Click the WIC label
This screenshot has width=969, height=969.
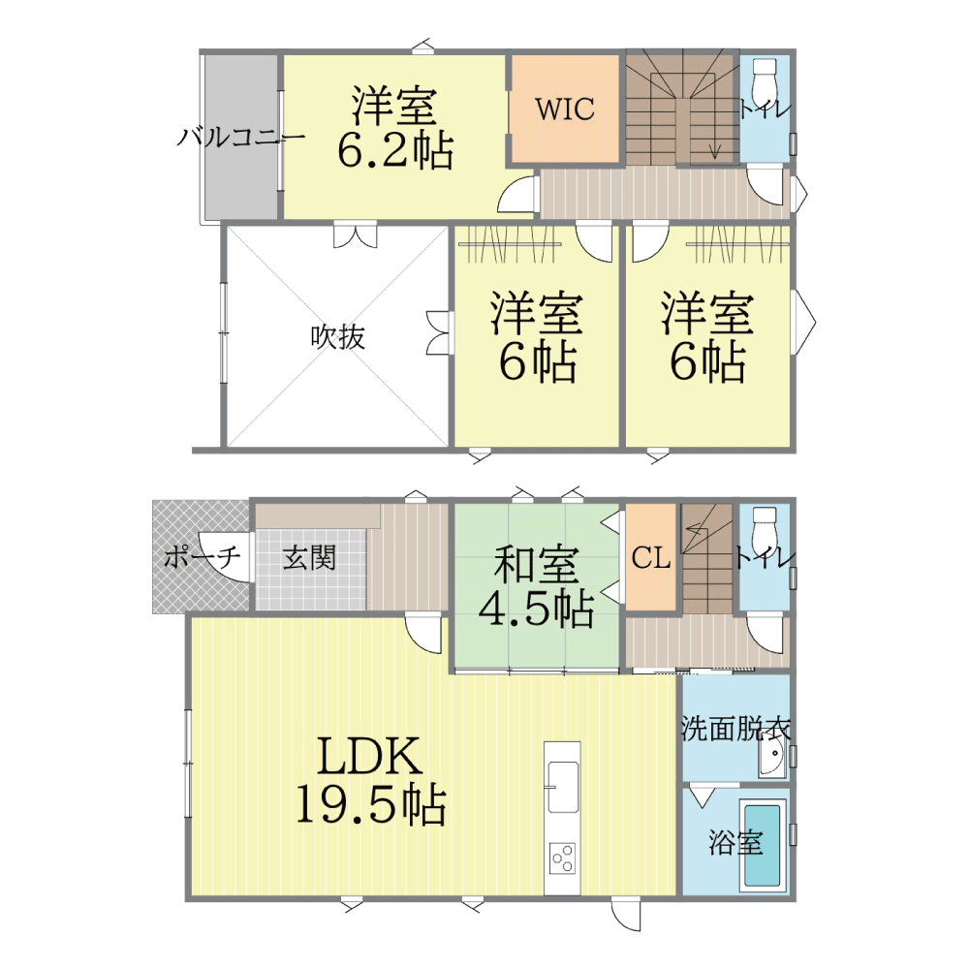[x=565, y=109]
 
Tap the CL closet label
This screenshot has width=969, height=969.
[x=651, y=558]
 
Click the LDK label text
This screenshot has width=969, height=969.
[x=369, y=755]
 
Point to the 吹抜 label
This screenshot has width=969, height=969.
[x=337, y=337]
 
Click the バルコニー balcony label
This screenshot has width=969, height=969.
[x=240, y=137]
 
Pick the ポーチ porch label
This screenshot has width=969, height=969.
[x=203, y=557]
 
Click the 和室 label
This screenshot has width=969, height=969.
[x=536, y=564]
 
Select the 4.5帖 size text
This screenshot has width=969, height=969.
[x=536, y=609]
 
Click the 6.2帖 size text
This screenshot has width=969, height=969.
[x=395, y=149]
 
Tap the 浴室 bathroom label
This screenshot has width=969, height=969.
[x=735, y=843]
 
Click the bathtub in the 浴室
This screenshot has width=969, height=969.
[x=764, y=845]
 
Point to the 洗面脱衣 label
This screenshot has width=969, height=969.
[x=735, y=729]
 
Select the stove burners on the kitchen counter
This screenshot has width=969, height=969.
[x=562, y=858]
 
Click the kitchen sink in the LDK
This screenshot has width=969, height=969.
[x=563, y=787]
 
